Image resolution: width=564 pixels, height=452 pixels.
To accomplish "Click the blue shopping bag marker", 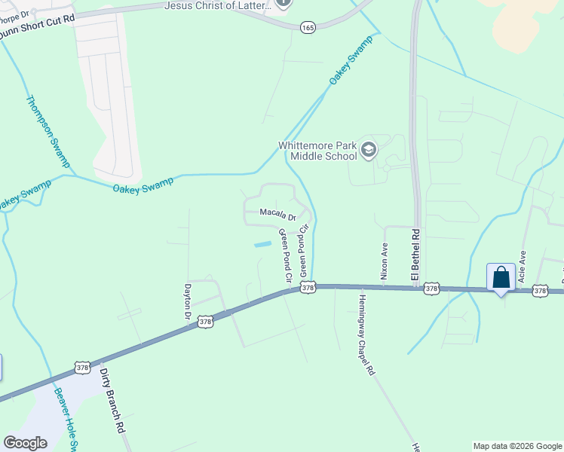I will point(501,279).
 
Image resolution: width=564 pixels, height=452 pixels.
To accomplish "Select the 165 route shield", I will point(308,26).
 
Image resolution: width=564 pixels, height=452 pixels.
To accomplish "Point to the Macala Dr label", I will point(278,215).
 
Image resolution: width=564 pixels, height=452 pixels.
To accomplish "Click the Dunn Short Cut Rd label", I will point(38,18).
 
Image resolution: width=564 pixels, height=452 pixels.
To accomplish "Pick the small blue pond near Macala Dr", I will point(262,244).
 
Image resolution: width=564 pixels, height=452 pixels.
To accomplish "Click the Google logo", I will point(25,442).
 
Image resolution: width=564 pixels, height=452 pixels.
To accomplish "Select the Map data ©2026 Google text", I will point(516,446).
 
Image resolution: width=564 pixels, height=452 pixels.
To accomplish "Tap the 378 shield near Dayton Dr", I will point(206,322).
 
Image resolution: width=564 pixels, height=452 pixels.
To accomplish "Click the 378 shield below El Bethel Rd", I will point(431,289).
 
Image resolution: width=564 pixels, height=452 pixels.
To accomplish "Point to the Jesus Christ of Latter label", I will point(218,6).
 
